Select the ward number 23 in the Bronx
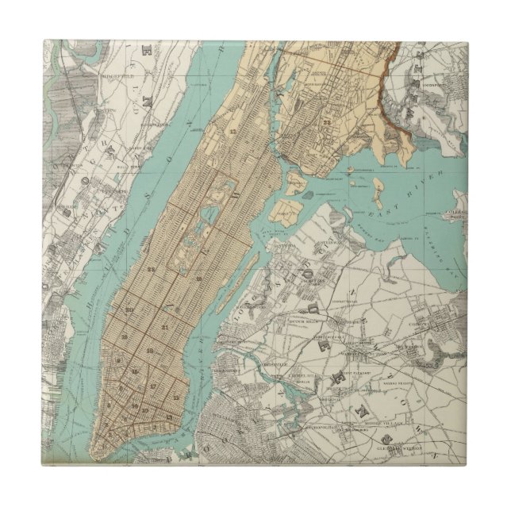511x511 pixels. pos(327,123)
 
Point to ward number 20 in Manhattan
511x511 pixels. pos(127,309)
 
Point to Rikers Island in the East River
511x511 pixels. pos(377,191)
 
